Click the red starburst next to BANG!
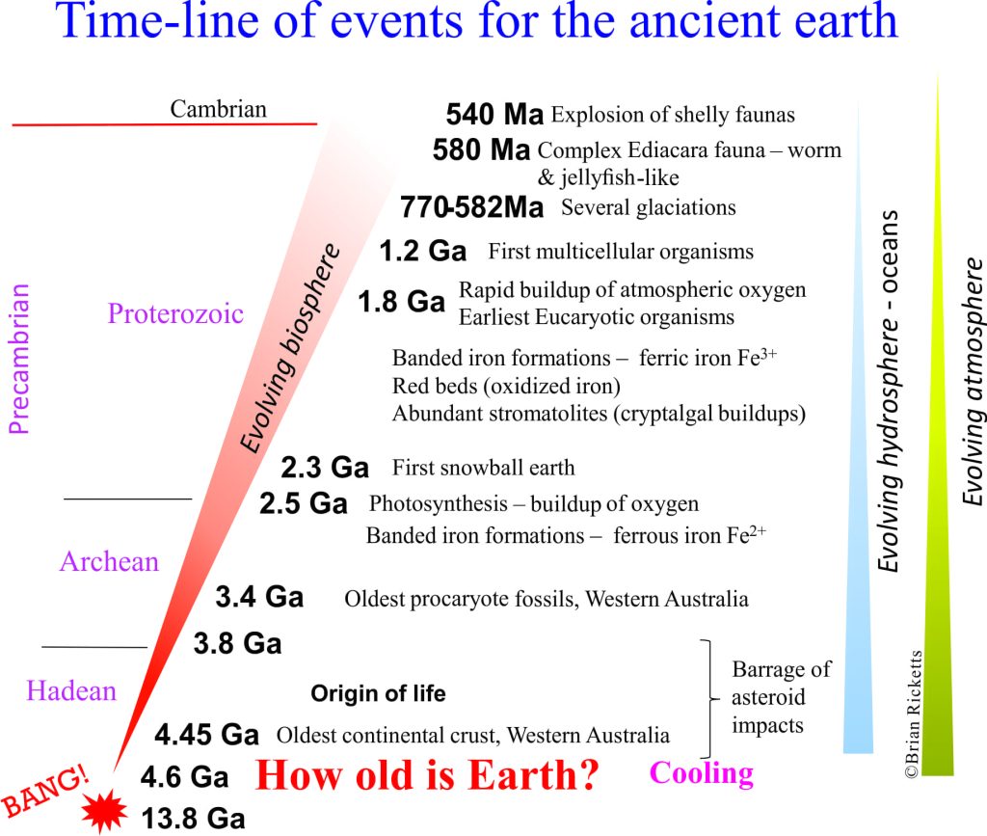[x=104, y=812]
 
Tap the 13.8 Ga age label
[x=193, y=819]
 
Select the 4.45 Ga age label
[x=206, y=734]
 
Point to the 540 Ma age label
[x=494, y=114]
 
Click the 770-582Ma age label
[x=471, y=207]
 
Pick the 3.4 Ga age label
[x=259, y=596]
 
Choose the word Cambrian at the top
[x=219, y=109]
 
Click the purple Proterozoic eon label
[x=175, y=313]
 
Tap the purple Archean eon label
[x=110, y=561]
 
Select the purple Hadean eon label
[x=71, y=690]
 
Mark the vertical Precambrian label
[x=19, y=359]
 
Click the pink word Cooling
[x=702, y=773]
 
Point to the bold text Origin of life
[x=378, y=693]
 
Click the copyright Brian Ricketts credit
[x=914, y=715]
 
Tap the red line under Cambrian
[x=164, y=124]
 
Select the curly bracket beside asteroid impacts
[x=709, y=699]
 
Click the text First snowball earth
[x=484, y=468]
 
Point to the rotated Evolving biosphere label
[x=290, y=348]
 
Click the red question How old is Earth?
[x=427, y=774]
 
